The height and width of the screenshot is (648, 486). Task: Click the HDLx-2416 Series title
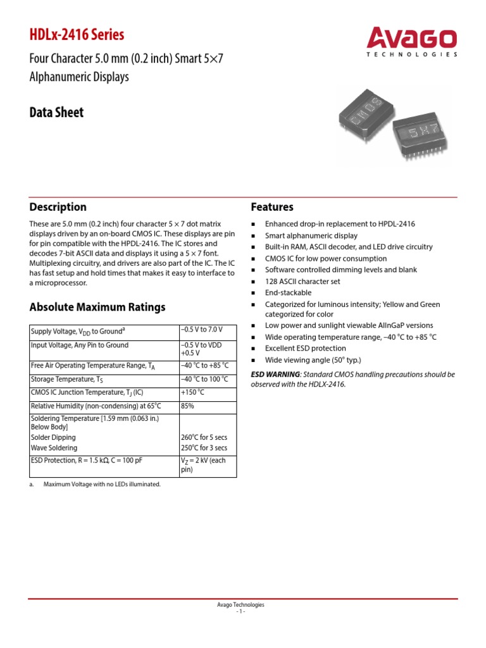click(77, 35)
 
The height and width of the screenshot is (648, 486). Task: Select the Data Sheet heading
click(56, 113)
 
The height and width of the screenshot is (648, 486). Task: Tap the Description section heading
click(58, 207)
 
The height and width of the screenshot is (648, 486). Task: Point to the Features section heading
click(272, 207)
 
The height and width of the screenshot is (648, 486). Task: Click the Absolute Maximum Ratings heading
click(97, 307)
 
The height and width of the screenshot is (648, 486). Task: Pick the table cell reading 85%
click(187, 406)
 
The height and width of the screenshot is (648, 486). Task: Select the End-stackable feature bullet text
click(288, 292)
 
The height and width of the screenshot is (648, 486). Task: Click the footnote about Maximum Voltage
click(102, 484)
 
